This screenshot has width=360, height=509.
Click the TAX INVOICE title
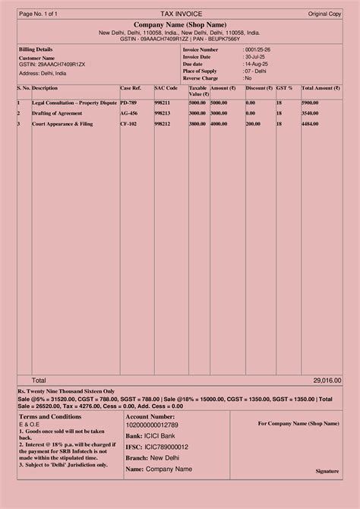(x=179, y=14)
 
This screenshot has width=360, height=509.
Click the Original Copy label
(x=324, y=14)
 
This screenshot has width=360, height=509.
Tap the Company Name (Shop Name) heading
(x=179, y=26)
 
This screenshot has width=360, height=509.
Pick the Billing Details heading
(x=36, y=49)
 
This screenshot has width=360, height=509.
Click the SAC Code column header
(x=166, y=88)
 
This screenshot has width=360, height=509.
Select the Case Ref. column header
(x=131, y=88)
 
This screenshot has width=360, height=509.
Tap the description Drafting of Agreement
(x=57, y=112)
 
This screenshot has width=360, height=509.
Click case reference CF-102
(x=128, y=123)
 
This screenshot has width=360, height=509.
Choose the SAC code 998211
(x=162, y=102)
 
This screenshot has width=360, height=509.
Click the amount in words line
(x=66, y=390)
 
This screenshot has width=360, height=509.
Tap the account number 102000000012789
(x=152, y=425)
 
